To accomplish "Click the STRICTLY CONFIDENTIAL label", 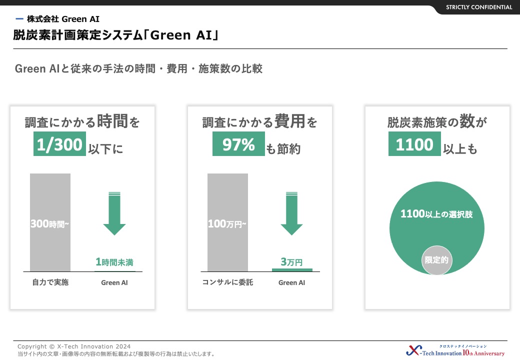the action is (x=479, y=7).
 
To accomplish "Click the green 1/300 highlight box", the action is (x=59, y=144).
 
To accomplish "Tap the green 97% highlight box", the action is (x=239, y=144).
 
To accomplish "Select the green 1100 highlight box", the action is (x=414, y=144).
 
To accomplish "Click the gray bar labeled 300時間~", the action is (x=50, y=222).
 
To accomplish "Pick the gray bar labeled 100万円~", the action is (x=227, y=222).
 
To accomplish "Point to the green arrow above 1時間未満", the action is (x=114, y=213).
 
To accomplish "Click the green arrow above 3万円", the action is (x=292, y=213).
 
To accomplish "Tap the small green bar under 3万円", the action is (x=292, y=270).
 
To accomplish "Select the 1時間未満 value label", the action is (x=114, y=262).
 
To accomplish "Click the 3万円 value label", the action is (x=291, y=262).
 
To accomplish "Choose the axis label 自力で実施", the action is (x=50, y=282).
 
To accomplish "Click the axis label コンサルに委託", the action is (x=227, y=282).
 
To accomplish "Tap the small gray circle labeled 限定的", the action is (x=436, y=260).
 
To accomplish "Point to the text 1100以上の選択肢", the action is (x=436, y=214).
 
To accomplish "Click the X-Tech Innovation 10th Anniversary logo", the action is (x=455, y=350).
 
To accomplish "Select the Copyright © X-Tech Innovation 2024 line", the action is (x=74, y=346).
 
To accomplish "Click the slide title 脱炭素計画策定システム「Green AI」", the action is (x=115, y=35).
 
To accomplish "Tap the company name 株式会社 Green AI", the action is (x=63, y=19).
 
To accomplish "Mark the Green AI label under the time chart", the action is (x=114, y=282).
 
